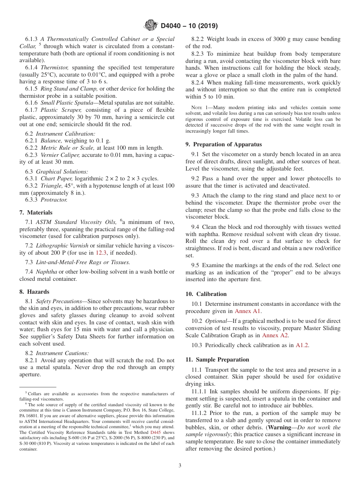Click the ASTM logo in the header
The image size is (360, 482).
[x=151, y=26]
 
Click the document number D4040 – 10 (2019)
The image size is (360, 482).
[x=189, y=26]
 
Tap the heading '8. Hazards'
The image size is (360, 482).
[x=34, y=292]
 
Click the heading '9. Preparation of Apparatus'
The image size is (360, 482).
[x=224, y=144]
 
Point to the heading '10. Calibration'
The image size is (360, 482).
[x=206, y=294]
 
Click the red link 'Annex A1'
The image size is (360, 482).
[x=248, y=311]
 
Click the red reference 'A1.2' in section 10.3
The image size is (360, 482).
[x=302, y=345]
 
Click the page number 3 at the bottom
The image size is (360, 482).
[x=180, y=466]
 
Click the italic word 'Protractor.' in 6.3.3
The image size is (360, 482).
[x=54, y=200]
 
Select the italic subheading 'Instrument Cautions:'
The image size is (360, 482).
[x=62, y=353]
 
